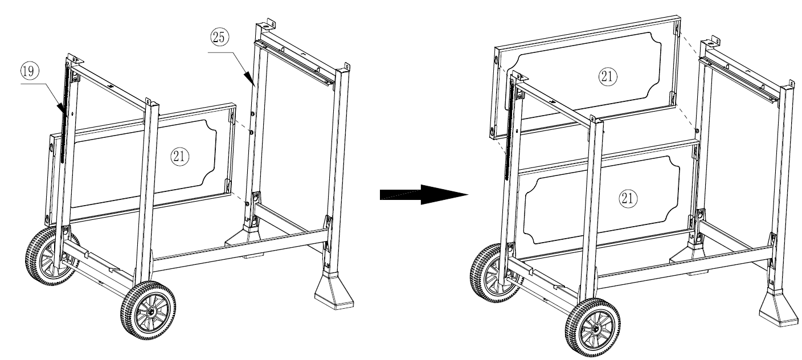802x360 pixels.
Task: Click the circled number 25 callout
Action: pos(219,37)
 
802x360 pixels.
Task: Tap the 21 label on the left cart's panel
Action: pos(179,157)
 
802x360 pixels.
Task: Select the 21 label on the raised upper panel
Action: pos(608,76)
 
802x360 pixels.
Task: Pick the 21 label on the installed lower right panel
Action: pos(628,198)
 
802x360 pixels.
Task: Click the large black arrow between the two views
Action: pos(424,194)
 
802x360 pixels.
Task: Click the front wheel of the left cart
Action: pos(148,310)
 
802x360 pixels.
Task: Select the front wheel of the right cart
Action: pos(593,328)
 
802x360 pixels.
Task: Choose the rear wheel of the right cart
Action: pos(493,273)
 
